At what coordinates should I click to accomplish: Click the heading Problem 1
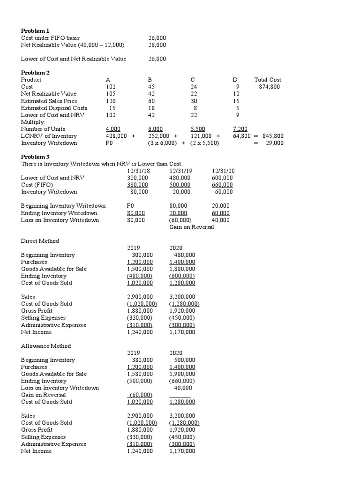35,31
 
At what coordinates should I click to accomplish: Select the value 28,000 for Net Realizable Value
157,45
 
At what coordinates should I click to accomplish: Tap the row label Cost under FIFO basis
51,38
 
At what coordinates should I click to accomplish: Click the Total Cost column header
268,80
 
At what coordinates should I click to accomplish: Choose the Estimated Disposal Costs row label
54,108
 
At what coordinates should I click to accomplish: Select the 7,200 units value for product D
240,129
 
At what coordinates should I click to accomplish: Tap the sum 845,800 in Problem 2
272,136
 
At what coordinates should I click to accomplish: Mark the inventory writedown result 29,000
274,143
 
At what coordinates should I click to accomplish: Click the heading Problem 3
35,157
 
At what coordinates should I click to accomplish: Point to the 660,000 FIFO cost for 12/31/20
223,185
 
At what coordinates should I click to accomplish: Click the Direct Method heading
40,241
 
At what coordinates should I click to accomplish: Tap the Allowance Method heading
46,346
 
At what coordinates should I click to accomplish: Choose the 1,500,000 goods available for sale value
140,269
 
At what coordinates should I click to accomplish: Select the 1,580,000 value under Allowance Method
140,374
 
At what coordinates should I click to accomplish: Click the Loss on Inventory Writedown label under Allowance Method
60,388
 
